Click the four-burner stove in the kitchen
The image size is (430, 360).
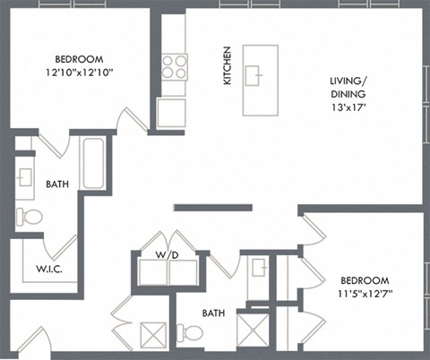pos(173,67)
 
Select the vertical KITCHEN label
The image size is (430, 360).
pos(228,66)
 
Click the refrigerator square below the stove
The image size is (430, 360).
pos(171,112)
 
